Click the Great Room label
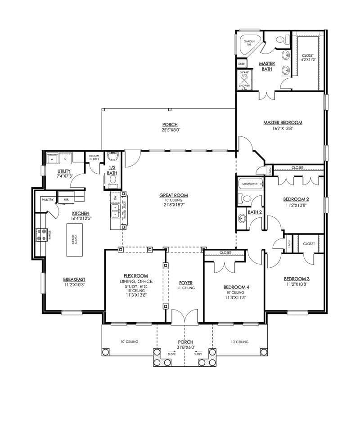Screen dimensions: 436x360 point(173,195)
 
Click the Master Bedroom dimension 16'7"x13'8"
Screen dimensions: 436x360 point(283,128)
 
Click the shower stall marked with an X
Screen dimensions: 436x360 point(244,80)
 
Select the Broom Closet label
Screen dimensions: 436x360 point(94,157)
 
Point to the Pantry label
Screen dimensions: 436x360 point(48,199)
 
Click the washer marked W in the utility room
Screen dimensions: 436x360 point(52,158)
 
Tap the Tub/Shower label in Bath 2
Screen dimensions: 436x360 point(249,184)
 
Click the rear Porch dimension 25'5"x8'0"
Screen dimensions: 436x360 point(170,130)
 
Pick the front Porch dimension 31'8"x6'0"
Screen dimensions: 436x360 point(185,347)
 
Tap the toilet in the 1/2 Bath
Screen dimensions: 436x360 point(113,180)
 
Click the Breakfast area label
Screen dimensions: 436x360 point(74,279)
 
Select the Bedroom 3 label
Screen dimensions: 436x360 point(297,279)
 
